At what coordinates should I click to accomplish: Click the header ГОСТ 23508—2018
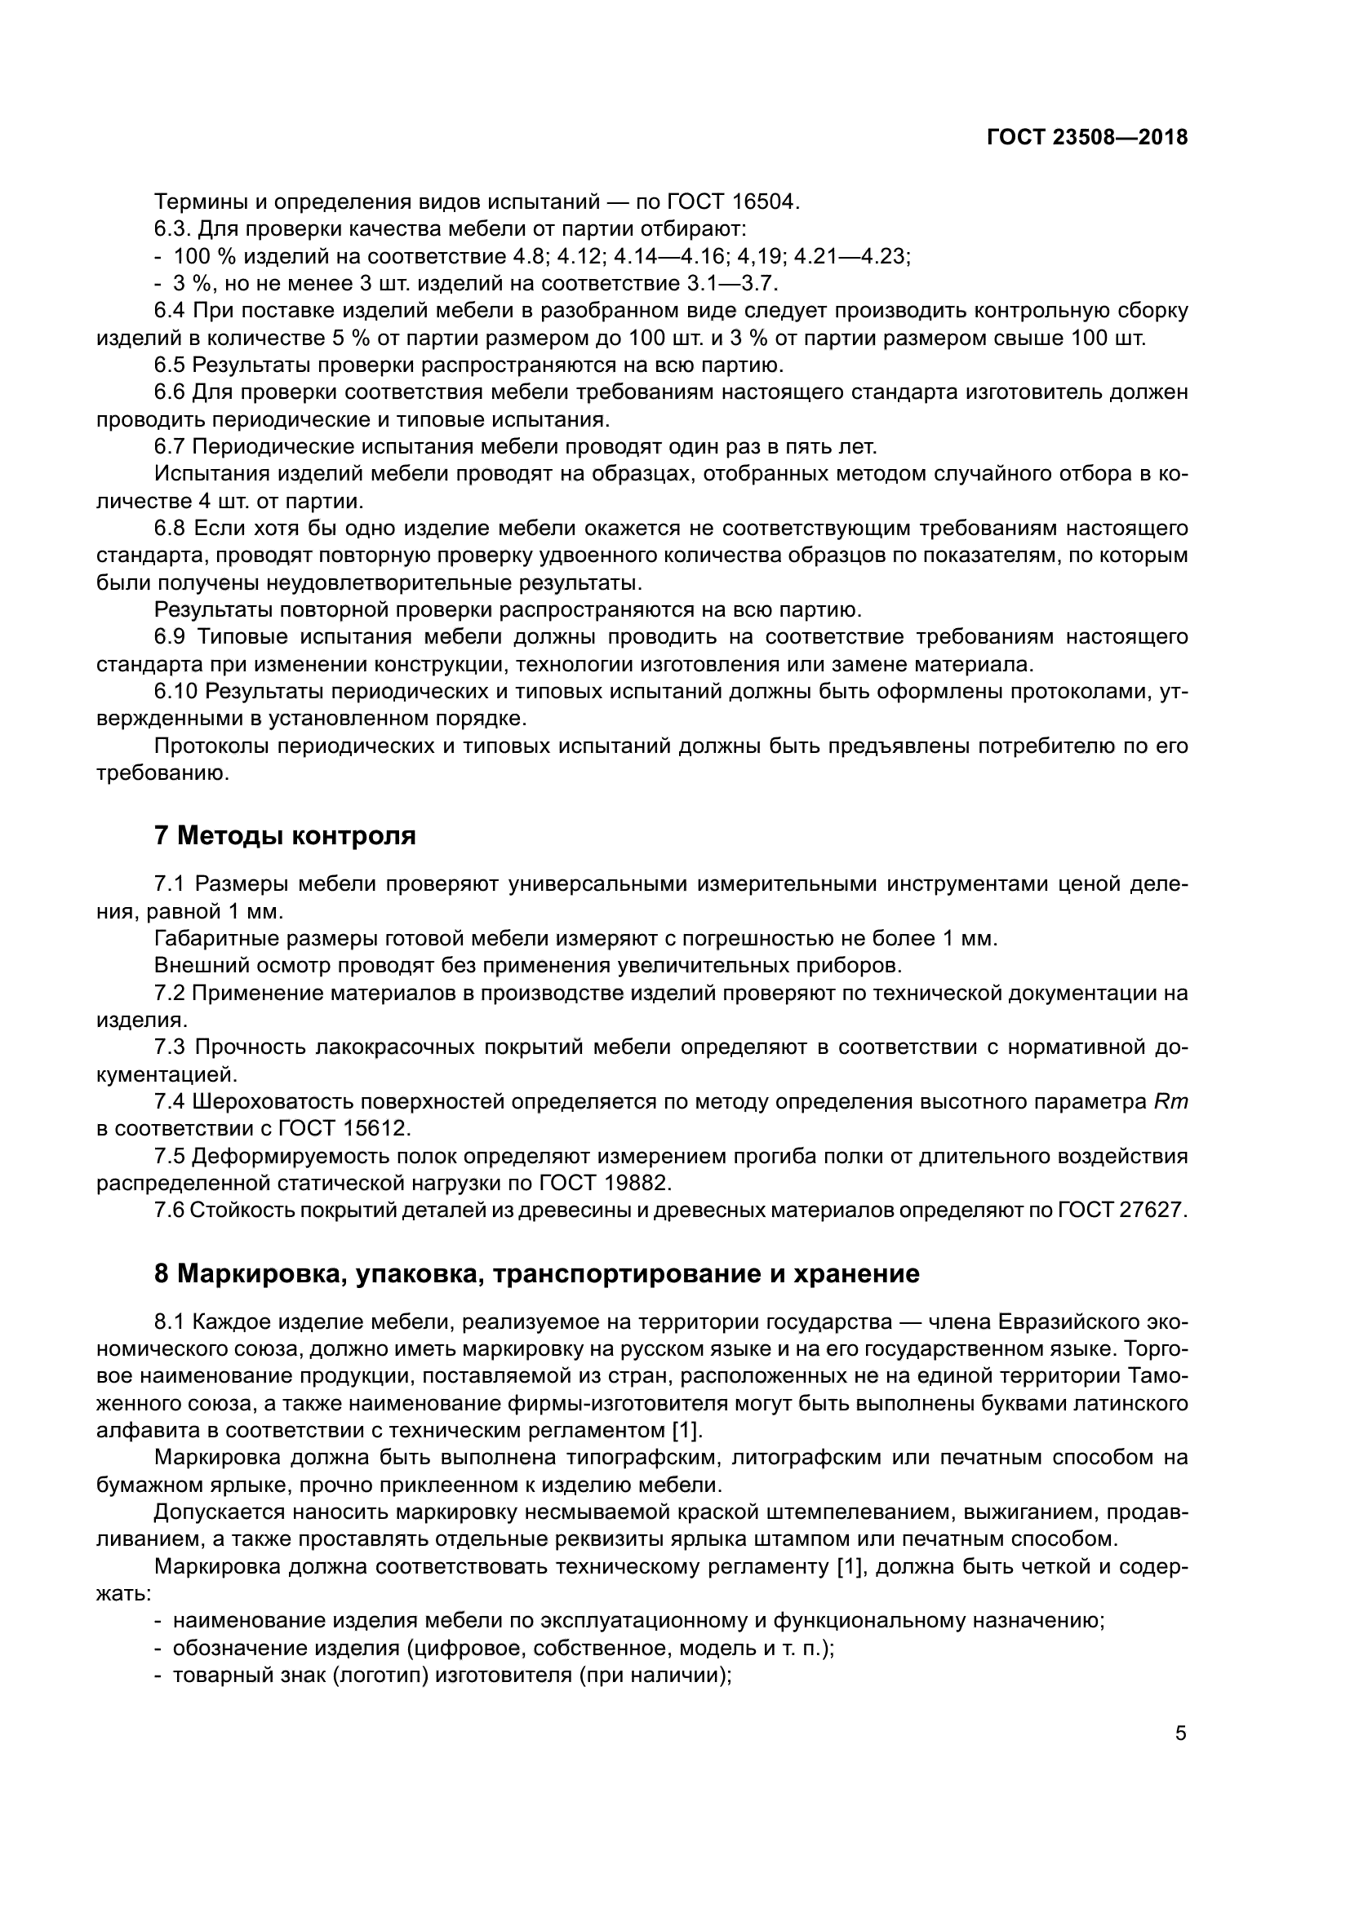[x=1086, y=138]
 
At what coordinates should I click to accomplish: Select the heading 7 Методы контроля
[x=285, y=835]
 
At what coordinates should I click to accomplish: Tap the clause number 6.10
[x=175, y=692]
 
